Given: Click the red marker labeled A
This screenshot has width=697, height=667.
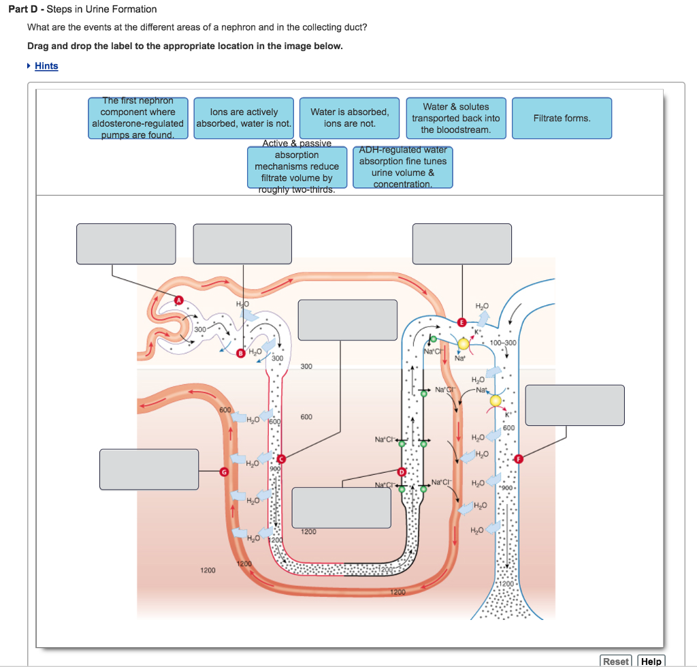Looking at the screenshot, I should (180, 300).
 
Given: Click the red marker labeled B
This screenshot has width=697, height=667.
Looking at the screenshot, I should (240, 354).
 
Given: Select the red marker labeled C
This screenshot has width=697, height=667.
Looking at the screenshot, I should (281, 460).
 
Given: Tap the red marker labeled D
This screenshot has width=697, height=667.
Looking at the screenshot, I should (402, 472).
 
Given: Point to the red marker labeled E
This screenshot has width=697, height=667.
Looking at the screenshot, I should (462, 322).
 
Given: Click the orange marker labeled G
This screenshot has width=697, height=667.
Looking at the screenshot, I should (223, 471).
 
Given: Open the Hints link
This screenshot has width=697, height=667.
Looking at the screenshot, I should (46, 66).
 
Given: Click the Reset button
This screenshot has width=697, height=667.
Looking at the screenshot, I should (616, 661).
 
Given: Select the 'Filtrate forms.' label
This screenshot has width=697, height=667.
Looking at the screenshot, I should (562, 119).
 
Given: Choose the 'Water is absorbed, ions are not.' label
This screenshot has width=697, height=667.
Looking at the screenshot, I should (350, 118).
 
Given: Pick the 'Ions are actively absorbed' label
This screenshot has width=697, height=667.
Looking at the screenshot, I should (244, 118).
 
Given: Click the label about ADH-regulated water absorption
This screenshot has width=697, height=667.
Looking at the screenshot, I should (403, 167).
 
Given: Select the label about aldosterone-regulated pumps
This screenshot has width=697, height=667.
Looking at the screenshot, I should (138, 118).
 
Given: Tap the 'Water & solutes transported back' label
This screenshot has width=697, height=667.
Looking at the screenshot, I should (455, 118).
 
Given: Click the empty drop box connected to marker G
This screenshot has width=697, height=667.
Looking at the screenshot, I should (149, 469).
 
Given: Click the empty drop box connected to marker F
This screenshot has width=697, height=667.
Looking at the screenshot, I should (574, 405).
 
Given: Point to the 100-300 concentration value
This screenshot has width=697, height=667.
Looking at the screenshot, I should (502, 342).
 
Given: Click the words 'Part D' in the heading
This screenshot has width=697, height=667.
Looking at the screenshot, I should (31, 10).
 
